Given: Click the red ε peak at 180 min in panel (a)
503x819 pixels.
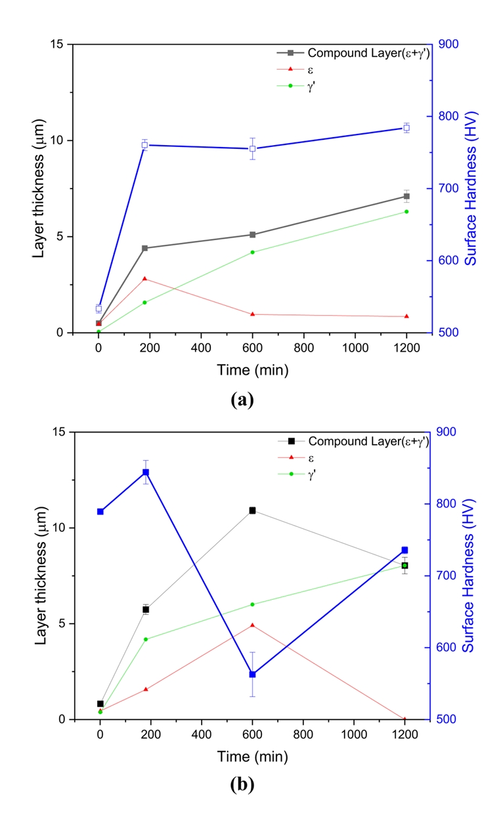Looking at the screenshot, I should (144, 279).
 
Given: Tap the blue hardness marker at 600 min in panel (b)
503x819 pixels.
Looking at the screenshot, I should (252, 675).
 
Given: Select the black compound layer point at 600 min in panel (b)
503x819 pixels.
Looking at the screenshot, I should (252, 511).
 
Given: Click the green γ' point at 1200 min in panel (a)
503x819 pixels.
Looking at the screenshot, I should (406, 211).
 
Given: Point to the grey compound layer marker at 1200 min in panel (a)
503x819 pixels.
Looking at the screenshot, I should (406, 196).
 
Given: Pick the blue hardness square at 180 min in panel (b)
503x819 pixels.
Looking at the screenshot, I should (146, 472).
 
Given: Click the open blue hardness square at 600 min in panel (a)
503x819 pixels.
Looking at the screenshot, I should (252, 149).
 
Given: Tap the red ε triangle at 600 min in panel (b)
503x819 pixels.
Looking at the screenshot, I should (252, 625).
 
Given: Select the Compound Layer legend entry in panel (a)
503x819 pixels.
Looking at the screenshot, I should (368, 53).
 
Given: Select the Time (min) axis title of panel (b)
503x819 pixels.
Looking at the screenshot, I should (253, 757).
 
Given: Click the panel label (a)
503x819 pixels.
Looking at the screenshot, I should (242, 399).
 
